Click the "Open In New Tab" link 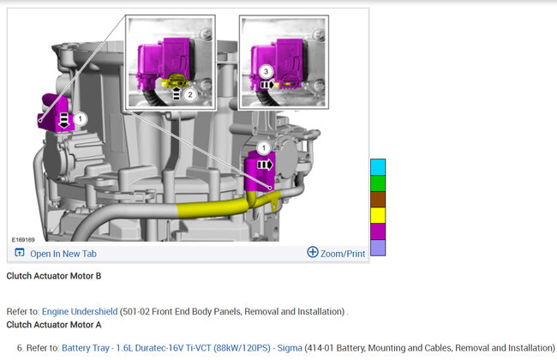(x=63, y=254)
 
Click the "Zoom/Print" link (x=343, y=254)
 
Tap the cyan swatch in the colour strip (x=378, y=167)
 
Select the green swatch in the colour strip (x=378, y=183)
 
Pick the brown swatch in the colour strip (x=378, y=200)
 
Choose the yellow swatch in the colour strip (x=378, y=215)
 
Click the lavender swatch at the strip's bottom (x=378, y=248)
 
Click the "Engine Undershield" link (x=80, y=312)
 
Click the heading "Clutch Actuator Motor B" (x=54, y=276)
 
